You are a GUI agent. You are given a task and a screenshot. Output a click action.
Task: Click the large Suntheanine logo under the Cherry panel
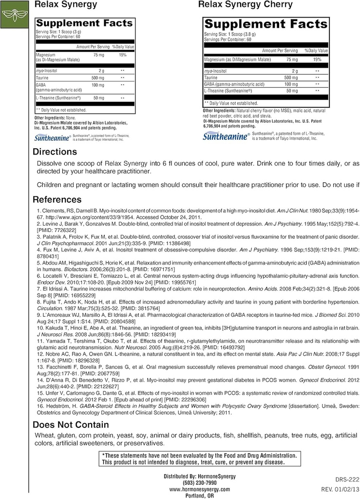coord(226,136)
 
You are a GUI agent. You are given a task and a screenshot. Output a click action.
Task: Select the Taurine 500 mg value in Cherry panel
coord(291,77)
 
